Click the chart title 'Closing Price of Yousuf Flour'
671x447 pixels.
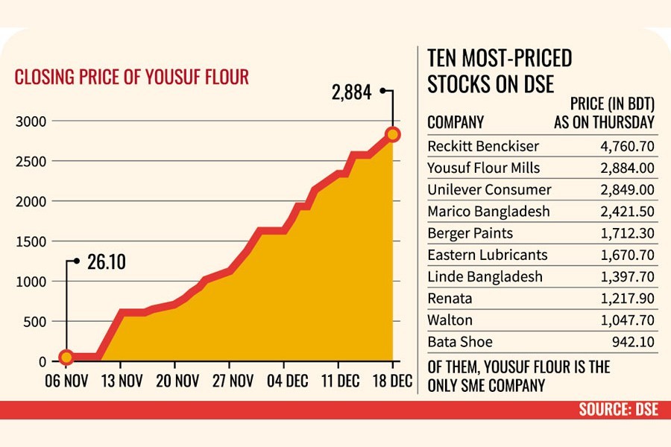pyautogui.click(x=132, y=77)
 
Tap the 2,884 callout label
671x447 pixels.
pyautogui.click(x=350, y=94)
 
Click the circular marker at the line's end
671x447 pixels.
pyautogui.click(x=393, y=134)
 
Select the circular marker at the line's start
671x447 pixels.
pyautogui.click(x=66, y=358)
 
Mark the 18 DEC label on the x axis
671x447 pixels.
pyautogui.click(x=391, y=381)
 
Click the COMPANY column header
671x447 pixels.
pyautogui.click(x=456, y=122)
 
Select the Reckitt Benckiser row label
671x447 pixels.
pyautogui.click(x=482, y=146)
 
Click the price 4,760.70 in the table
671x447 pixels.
pyautogui.click(x=627, y=146)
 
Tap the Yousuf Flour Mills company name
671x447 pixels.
pyautogui.click(x=483, y=168)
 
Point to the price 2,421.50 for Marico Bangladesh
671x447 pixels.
pyautogui.click(x=627, y=212)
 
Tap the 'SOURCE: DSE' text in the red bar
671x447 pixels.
pyautogui.click(x=618, y=410)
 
